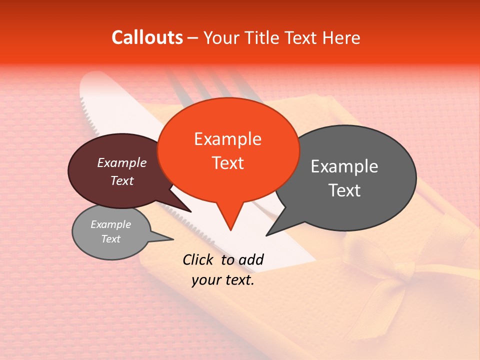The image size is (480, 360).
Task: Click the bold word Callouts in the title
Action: click(147, 37)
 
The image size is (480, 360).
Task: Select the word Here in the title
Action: click(341, 37)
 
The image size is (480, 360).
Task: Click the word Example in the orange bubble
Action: click(227, 139)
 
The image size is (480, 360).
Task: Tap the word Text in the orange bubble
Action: click(227, 163)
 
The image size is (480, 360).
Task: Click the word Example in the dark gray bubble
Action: click(344, 166)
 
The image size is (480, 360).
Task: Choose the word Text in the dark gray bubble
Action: click(344, 190)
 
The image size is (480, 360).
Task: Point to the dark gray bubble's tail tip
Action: click(267, 235)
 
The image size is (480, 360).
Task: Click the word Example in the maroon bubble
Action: click(121, 162)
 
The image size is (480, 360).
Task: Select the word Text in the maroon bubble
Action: click(121, 180)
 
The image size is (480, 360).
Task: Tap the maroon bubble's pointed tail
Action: click(190, 211)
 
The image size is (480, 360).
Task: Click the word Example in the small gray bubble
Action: click(110, 224)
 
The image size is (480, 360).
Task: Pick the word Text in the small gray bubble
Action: click(110, 239)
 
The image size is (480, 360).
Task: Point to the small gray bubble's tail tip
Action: click(173, 239)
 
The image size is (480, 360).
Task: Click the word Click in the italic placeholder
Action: click(198, 259)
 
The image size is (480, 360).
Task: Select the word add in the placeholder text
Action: click(250, 259)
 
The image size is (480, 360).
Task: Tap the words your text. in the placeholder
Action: click(222, 280)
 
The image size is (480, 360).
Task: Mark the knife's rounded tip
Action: click(90, 76)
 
